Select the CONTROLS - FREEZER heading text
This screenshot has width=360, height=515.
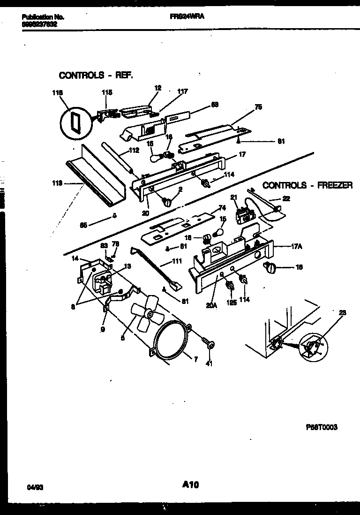coord(307,186)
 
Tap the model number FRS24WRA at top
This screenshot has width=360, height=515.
coord(187,16)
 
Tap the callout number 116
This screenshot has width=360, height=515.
coord(57,93)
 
